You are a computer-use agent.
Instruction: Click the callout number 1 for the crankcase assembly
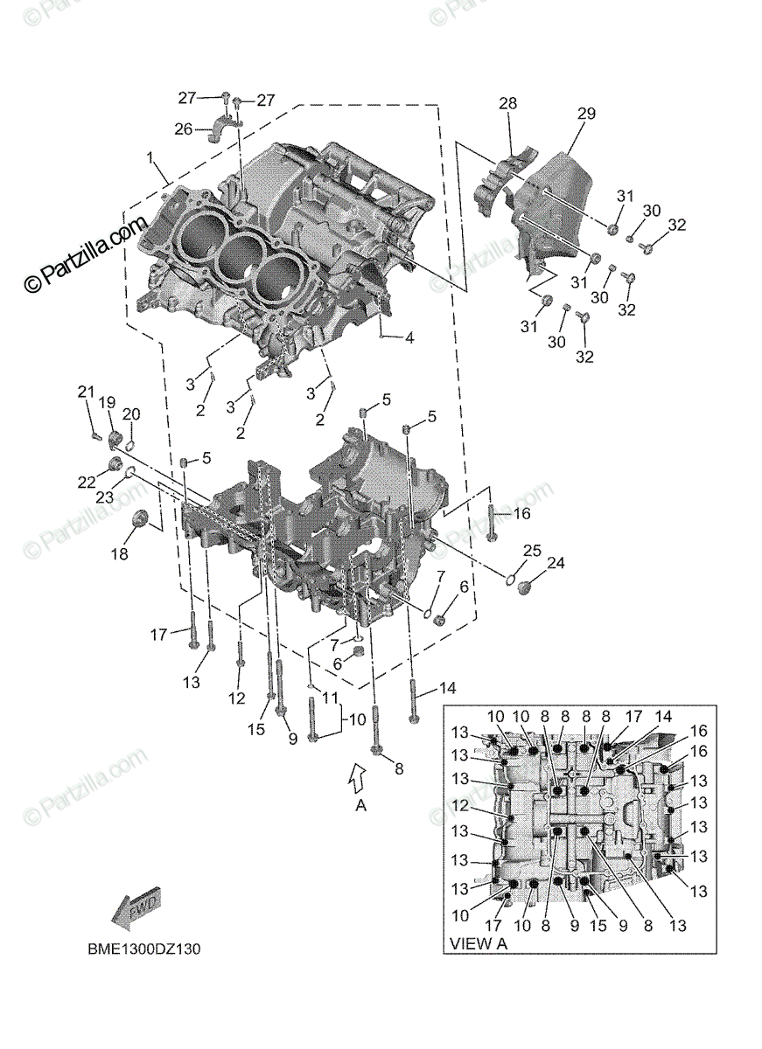click(150, 158)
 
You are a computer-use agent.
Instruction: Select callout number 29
click(586, 114)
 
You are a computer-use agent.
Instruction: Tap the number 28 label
click(508, 104)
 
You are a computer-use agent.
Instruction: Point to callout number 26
click(183, 129)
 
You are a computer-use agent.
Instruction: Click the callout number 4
click(409, 337)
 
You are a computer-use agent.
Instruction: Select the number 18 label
click(118, 554)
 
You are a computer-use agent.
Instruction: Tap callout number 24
click(556, 564)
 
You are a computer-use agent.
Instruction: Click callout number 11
click(329, 698)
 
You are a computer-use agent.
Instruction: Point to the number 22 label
click(85, 482)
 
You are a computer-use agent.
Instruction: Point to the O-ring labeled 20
click(128, 443)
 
